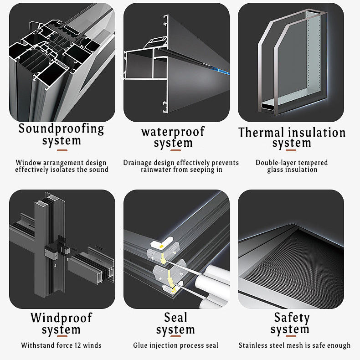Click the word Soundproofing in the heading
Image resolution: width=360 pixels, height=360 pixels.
tap(61, 129)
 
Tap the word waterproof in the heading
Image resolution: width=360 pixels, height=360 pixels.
tap(173, 132)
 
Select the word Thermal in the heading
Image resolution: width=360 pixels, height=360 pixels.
tap(261, 133)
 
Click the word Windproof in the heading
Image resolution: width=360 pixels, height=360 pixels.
tap(62, 318)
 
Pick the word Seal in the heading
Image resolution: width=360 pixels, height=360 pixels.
tap(175, 317)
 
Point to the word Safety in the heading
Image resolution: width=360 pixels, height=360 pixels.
tap(292, 318)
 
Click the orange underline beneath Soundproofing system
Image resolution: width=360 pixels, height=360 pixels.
tap(62, 150)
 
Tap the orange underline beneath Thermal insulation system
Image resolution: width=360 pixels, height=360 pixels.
tap(291, 150)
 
